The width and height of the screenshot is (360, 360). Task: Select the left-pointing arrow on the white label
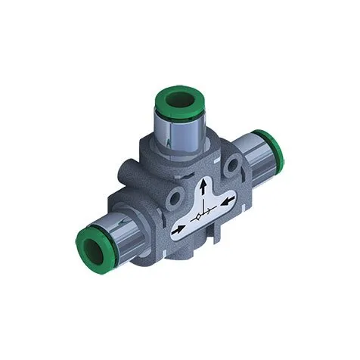(178, 225)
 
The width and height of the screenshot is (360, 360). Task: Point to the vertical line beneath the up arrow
(203, 201)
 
